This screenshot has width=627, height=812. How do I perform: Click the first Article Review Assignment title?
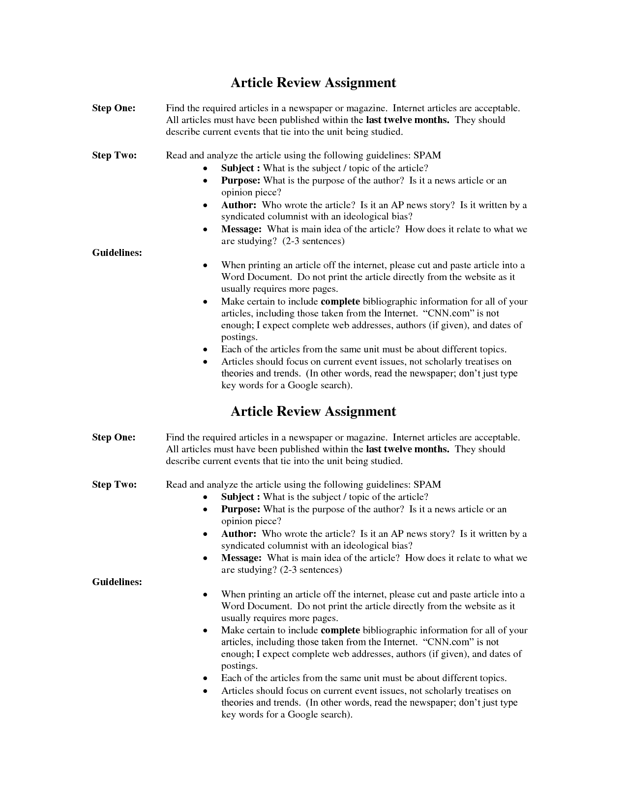[x=313, y=83]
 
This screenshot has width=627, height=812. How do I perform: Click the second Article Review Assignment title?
[x=313, y=411]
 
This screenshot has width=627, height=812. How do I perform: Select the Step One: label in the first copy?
[x=114, y=108]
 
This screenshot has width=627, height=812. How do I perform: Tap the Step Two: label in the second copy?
[x=114, y=485]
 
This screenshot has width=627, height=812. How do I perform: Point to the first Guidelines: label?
[x=117, y=253]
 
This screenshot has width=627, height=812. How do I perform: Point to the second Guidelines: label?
[x=117, y=582]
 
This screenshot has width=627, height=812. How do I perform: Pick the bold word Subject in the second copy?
[x=238, y=497]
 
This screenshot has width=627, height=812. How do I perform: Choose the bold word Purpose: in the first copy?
[x=240, y=181]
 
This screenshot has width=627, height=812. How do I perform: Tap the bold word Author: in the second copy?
[x=239, y=534]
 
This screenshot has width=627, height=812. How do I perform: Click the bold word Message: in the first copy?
[x=241, y=229]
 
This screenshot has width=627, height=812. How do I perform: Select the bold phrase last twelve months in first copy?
[x=407, y=120]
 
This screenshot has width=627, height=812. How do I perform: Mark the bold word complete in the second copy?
[x=340, y=630]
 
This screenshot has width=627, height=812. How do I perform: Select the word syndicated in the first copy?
[x=243, y=217]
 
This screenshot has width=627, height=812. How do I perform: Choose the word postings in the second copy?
[x=239, y=666]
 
